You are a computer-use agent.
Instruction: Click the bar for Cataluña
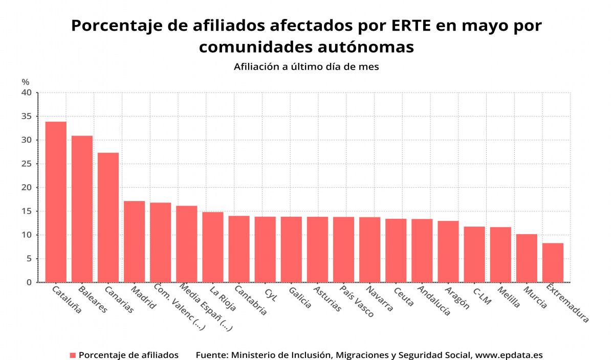56,202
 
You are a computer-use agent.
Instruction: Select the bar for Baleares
82,209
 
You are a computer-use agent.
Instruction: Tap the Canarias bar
108,217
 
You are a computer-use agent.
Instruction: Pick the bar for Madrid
134,241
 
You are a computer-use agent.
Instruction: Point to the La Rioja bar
213,247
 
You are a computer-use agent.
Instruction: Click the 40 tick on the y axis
27,93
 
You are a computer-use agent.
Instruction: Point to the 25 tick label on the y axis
27,164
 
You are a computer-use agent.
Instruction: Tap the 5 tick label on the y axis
29,259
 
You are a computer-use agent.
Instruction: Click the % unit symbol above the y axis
26,82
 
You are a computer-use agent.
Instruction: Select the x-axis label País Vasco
357,302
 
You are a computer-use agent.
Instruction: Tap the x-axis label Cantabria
250,301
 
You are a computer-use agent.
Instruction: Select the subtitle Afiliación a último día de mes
306,66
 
